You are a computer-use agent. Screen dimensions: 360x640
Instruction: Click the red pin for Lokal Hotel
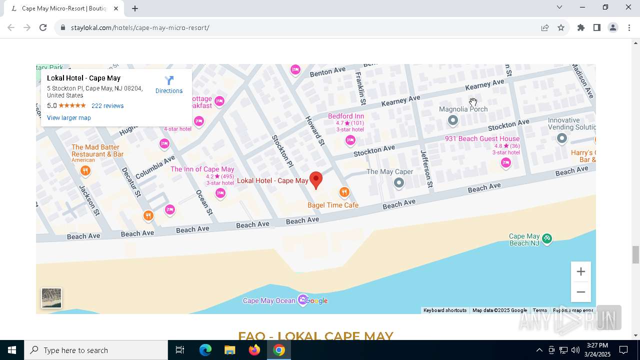[x=315, y=179]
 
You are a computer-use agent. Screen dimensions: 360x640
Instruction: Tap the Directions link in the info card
[x=169, y=84]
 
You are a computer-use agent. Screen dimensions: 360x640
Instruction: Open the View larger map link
[x=69, y=118]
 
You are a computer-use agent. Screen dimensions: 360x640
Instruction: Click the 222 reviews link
[x=107, y=106]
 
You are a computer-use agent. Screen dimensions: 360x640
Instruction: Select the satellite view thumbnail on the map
[x=51, y=298]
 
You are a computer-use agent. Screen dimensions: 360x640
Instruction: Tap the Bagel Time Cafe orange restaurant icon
[x=344, y=192]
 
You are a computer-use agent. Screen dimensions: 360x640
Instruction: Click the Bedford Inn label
[x=346, y=116]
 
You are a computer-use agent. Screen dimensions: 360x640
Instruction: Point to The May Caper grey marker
[x=398, y=183]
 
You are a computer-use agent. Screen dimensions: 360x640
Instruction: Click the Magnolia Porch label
[x=463, y=109]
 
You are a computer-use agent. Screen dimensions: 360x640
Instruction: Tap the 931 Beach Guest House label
[x=482, y=138]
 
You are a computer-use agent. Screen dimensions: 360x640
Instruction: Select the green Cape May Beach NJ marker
[x=547, y=238]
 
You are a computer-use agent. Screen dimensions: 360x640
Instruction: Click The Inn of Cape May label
[x=202, y=169]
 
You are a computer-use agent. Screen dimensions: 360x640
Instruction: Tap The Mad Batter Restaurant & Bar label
[x=97, y=150]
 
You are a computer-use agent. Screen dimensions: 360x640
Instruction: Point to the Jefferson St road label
[x=426, y=168]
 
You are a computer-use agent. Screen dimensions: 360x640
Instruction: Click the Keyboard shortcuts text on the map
[x=444, y=310]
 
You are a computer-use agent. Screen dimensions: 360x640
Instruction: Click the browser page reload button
[x=43, y=27]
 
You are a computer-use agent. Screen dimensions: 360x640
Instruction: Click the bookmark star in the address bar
[x=561, y=27]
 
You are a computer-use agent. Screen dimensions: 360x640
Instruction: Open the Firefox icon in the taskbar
[x=254, y=350]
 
